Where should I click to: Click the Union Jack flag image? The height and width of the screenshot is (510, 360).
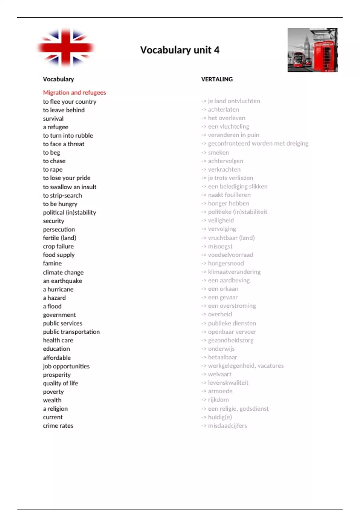point(65,47)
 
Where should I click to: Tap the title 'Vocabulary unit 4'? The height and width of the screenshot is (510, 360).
point(180,50)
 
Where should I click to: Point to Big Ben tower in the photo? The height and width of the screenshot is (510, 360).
point(306,45)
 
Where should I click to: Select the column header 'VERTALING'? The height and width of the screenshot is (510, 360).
point(217,79)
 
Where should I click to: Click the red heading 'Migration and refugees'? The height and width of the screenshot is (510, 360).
point(74,92)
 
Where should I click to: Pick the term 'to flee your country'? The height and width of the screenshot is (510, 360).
point(70,101)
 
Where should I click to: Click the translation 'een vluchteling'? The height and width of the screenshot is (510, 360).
point(228,126)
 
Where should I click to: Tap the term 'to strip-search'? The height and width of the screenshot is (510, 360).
point(62,195)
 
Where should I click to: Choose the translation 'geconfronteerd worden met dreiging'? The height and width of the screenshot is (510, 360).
point(258,143)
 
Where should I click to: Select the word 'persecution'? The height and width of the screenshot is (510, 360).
point(59,229)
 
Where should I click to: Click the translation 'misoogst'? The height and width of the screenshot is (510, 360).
point(220,246)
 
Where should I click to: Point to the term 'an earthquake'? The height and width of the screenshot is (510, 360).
point(62,281)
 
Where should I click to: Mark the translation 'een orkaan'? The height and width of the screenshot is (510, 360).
point(223,289)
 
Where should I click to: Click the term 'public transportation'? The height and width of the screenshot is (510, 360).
point(71,332)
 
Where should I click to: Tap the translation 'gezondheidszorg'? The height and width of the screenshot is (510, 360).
point(230,340)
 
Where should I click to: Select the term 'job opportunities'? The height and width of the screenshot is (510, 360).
point(66,366)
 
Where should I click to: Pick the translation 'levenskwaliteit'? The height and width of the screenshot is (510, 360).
point(228,383)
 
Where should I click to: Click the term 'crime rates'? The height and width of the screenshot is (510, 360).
point(58,425)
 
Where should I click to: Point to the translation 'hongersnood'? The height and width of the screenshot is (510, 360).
point(226,263)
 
